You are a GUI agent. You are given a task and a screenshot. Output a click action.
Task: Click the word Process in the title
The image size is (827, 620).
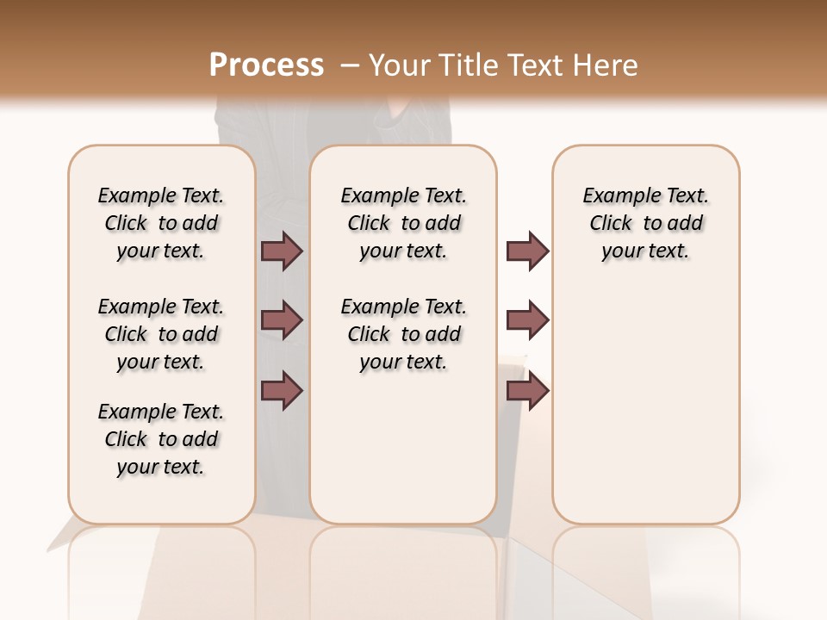[266, 65]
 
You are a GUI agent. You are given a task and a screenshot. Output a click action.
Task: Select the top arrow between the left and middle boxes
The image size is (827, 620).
[282, 251]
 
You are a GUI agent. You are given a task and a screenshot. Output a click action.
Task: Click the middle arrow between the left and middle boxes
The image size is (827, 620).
[282, 320]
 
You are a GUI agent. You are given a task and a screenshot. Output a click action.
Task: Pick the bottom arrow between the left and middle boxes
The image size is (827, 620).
[282, 389]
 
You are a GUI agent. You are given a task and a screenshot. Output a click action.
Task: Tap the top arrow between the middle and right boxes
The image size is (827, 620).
[527, 251]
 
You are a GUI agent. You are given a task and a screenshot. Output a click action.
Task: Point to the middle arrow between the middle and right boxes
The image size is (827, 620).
[527, 320]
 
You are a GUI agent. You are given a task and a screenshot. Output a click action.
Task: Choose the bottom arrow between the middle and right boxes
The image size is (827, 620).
[527, 389]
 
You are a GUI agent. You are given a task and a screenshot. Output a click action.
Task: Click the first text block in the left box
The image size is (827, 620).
[161, 223]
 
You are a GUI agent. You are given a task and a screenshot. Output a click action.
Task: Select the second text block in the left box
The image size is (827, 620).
[161, 334]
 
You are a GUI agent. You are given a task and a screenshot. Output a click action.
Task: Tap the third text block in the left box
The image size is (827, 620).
[161, 439]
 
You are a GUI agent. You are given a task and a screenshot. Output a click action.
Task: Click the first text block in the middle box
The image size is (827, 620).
[403, 223]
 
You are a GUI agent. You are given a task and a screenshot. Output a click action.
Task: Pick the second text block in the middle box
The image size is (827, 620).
[403, 334]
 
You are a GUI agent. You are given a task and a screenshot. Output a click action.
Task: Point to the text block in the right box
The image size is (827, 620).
[645, 223]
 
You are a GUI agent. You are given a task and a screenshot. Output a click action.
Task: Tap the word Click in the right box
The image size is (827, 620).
[611, 224]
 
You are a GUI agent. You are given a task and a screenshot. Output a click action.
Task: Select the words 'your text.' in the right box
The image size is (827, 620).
[645, 251]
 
